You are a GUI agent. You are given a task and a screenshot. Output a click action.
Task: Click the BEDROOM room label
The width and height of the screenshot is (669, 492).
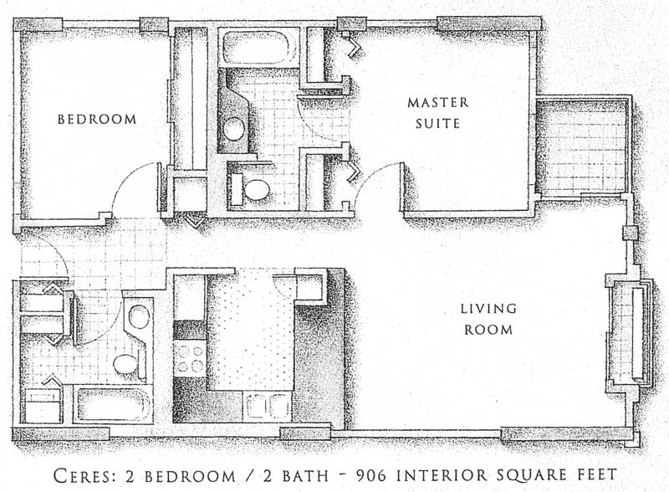click(x=97, y=119)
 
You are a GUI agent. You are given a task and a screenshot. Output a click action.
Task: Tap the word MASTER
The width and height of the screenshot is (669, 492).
click(x=437, y=102)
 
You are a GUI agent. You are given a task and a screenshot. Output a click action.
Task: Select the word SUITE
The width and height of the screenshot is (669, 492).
click(x=437, y=124)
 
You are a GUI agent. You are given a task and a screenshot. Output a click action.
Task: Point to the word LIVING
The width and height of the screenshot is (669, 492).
click(x=488, y=309)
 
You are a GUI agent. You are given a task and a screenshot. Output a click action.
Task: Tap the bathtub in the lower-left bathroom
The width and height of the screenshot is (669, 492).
click(x=113, y=404)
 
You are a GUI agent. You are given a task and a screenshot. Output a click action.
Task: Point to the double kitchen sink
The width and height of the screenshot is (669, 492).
click(x=268, y=406)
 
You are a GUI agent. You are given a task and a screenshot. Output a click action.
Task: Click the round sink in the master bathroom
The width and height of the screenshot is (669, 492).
click(x=234, y=128)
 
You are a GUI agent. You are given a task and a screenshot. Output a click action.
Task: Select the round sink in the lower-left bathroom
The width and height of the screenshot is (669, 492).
click(x=139, y=316)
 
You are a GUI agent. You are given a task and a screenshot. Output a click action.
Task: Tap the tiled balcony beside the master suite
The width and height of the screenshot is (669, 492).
click(x=582, y=146)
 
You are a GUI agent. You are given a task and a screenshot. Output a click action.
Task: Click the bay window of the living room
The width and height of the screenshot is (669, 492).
click(x=631, y=333)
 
